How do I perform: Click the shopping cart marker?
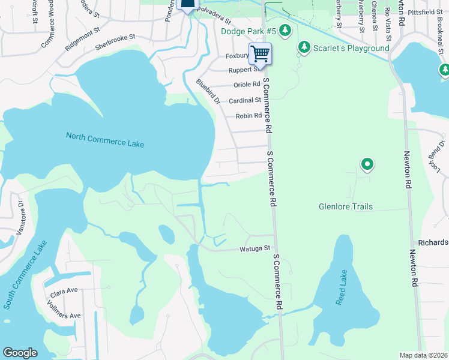261,54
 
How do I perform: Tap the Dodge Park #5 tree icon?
286,31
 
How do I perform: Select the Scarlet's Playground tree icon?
304,47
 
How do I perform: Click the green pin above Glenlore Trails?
367,164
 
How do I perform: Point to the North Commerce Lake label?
105,139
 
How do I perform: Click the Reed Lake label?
342,287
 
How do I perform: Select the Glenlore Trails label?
345,207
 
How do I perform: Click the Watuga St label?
256,248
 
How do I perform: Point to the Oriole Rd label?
246,85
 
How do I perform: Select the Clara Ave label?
64,290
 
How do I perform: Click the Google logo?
20,353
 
